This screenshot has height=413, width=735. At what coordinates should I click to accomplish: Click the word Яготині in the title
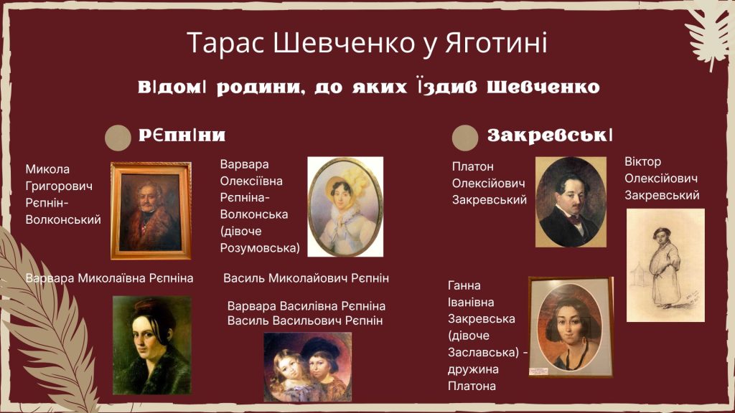[x=496, y=42]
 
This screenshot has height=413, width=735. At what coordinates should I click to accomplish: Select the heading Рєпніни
[x=182, y=136]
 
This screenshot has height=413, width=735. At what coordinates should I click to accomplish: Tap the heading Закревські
[x=550, y=136]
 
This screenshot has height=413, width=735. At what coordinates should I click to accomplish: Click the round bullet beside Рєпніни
[x=118, y=138]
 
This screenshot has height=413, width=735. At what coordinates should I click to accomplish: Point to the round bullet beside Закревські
[x=465, y=138]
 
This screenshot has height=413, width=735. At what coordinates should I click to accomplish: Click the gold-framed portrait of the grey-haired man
[x=151, y=211]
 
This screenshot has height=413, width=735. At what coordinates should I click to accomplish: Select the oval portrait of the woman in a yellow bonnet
[x=345, y=206]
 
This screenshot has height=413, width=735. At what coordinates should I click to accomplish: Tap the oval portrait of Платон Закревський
[x=571, y=201]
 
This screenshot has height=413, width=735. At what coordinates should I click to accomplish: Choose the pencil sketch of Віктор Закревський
[x=665, y=265]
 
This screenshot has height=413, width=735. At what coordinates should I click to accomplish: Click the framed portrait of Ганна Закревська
[x=571, y=327]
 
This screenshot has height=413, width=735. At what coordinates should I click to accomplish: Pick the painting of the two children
[x=307, y=366]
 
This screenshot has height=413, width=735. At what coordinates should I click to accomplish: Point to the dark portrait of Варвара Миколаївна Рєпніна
[x=152, y=345]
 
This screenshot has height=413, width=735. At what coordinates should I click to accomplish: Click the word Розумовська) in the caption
[x=260, y=247]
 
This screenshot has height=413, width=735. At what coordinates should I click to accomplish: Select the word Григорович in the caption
[x=59, y=186]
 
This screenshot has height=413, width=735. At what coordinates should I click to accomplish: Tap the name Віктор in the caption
[x=642, y=161]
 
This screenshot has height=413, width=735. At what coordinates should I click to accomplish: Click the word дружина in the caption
[x=473, y=369]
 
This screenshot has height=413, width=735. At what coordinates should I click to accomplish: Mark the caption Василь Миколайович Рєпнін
[x=306, y=278]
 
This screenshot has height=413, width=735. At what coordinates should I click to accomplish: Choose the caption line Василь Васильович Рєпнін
[x=305, y=321]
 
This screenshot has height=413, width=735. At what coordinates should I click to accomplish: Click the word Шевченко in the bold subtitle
[x=544, y=87]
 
